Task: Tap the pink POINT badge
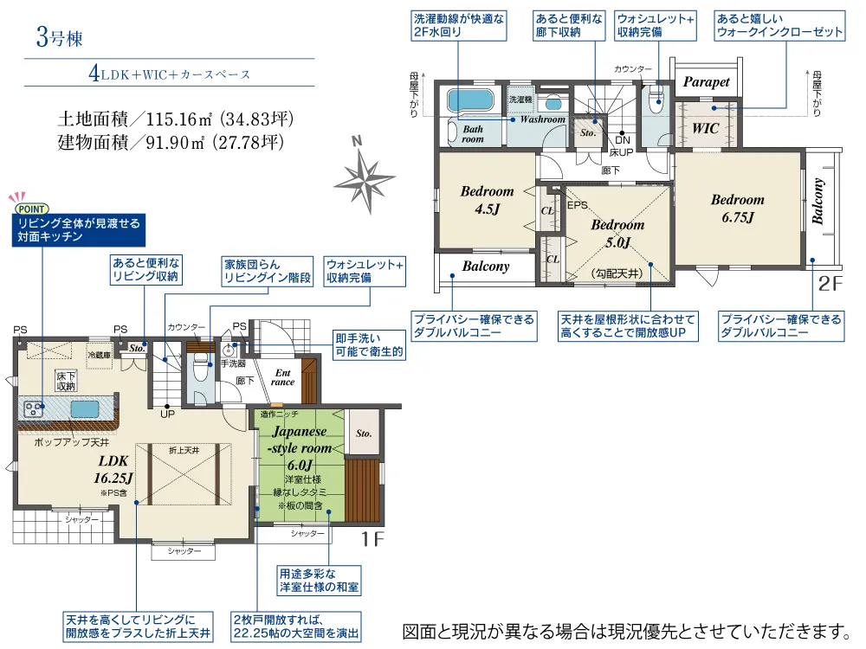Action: (31, 209)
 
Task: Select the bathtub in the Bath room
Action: (470, 100)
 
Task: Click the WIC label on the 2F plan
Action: (705, 128)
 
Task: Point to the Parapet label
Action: (707, 82)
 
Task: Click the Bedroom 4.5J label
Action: (487, 200)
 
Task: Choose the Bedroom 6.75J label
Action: (737, 208)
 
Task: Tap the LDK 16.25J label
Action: (113, 469)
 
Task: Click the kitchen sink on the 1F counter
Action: (85, 409)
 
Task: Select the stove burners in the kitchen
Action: (34, 409)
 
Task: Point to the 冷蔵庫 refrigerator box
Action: (100, 356)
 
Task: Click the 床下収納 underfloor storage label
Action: (66, 381)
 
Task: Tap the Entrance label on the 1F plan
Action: (283, 377)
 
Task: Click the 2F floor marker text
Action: (830, 283)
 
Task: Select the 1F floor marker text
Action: (372, 538)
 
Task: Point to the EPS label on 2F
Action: (577, 205)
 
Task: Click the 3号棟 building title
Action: (60, 37)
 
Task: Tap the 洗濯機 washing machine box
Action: (520, 100)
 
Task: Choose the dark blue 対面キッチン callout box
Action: (79, 230)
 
